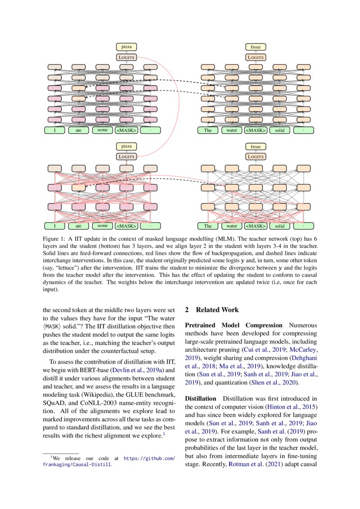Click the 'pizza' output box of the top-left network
pyautogui.click(x=126, y=47)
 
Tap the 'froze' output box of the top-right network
pyautogui.click(x=256, y=47)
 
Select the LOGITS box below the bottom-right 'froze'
pyautogui.click(x=256, y=157)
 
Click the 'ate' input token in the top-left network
pyautogui.click(x=78, y=130)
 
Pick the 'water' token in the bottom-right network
pyautogui.click(x=232, y=226)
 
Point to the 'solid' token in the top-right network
pyautogui.click(x=279, y=130)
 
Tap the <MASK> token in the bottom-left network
pyautogui.click(x=126, y=226)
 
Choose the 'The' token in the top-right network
pyautogui.click(x=208, y=130)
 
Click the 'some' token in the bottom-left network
pyautogui.click(x=102, y=226)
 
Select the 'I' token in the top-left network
pyautogui.click(x=54, y=130)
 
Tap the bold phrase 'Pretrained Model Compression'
pyautogui.click(x=234, y=325)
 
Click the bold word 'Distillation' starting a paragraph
pyautogui.click(x=200, y=398)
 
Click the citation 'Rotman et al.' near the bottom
pyautogui.click(x=243, y=464)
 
